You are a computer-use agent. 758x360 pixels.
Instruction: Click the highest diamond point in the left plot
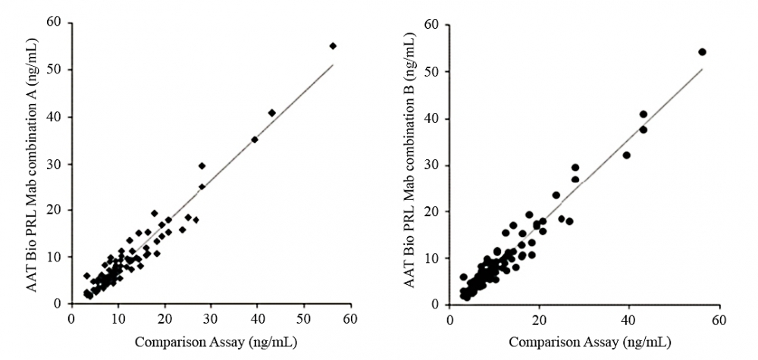coord(333,45)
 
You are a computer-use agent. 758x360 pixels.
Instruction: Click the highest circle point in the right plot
coord(702,52)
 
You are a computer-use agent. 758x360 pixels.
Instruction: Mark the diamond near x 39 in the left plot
coord(255,139)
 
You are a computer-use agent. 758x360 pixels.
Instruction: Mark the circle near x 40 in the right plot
coord(627,155)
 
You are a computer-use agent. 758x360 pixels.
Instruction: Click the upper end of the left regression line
coord(333,65)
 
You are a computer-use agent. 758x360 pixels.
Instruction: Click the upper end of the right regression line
coord(702,70)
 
